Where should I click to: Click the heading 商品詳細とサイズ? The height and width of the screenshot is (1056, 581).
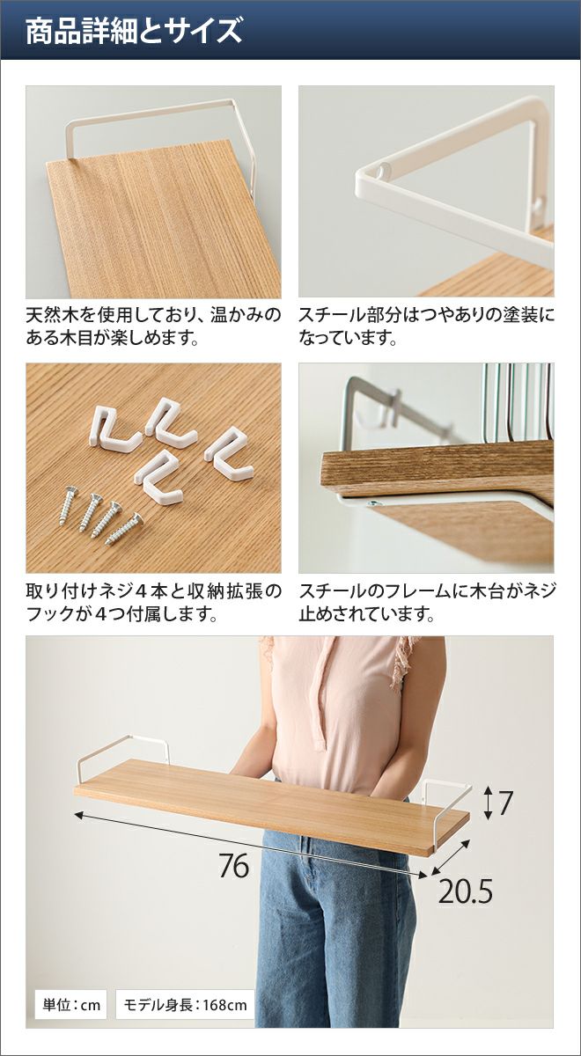[134, 31]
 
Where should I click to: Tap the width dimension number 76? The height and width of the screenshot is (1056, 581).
[234, 866]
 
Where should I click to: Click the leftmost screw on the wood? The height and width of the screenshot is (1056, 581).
[69, 505]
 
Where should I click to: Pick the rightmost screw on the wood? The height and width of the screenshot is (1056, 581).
[124, 529]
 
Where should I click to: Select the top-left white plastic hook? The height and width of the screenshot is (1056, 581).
[114, 430]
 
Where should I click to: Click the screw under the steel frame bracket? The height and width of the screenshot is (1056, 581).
[372, 503]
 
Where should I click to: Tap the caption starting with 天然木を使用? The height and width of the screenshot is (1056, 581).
[153, 326]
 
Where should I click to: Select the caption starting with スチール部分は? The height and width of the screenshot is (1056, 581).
[426, 326]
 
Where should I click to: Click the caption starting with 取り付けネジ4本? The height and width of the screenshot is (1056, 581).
[154, 603]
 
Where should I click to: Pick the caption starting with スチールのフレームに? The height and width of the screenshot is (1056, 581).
[427, 603]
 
